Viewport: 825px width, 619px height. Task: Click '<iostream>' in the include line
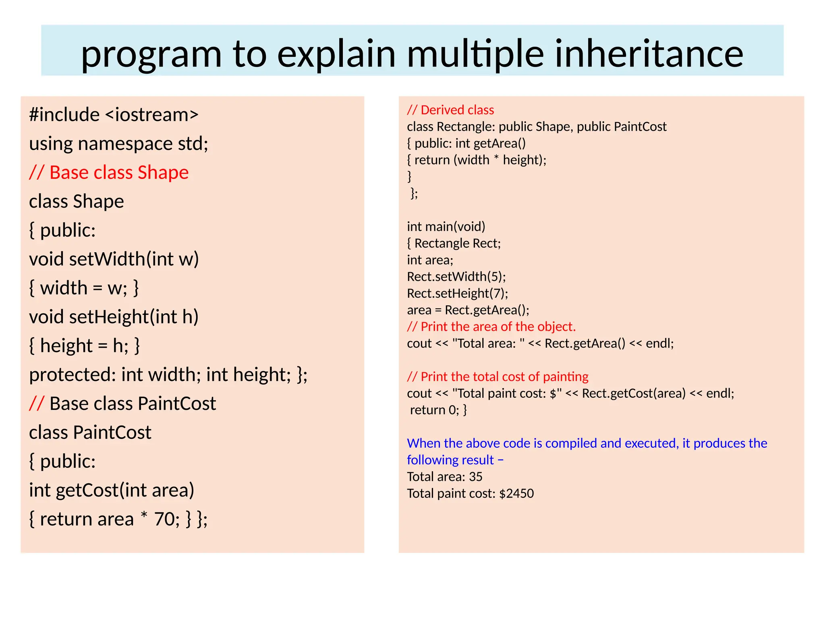(x=152, y=115)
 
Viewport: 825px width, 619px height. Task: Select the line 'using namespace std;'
(x=118, y=144)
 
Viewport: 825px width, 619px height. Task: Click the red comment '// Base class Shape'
(x=109, y=172)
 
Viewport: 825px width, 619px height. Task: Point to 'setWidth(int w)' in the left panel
(x=134, y=259)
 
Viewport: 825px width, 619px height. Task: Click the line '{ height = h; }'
(x=84, y=346)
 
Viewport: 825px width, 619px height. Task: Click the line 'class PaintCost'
(x=90, y=432)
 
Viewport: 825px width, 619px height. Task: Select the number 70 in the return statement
(x=164, y=519)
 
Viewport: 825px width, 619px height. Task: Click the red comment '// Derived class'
(x=450, y=110)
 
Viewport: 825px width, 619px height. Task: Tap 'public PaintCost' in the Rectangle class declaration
(x=621, y=127)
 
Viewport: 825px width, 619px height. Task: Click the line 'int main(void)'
(x=446, y=226)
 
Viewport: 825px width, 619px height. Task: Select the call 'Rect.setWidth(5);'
(x=456, y=276)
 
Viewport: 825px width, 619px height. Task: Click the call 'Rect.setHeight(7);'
(x=457, y=293)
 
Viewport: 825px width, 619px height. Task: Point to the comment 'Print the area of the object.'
(x=498, y=326)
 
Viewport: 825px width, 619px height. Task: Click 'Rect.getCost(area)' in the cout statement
(x=633, y=393)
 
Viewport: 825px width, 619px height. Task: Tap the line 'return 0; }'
(x=438, y=410)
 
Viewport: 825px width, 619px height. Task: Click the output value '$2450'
(x=516, y=493)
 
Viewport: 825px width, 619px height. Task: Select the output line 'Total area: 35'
(x=444, y=477)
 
